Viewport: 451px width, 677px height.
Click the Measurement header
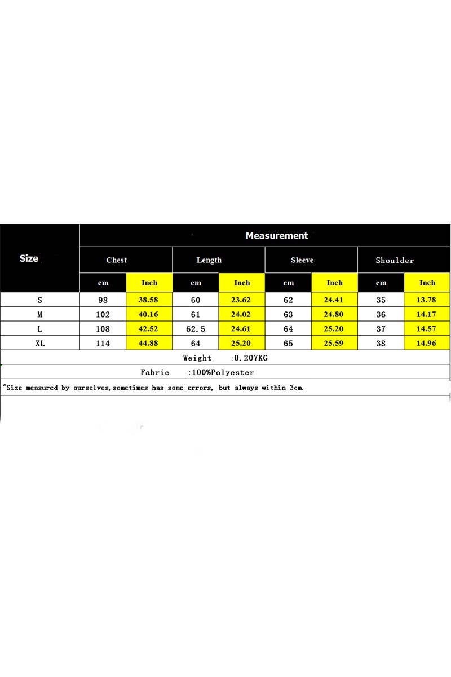coord(277,236)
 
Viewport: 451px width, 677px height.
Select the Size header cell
coord(29,258)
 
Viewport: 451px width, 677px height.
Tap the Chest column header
coord(117,260)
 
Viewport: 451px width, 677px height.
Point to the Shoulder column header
coord(395,260)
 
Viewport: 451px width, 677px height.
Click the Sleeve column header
coord(302,260)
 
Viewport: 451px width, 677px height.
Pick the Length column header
coord(209,260)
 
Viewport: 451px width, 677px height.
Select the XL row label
coord(40,343)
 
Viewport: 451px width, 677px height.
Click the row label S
coord(40,300)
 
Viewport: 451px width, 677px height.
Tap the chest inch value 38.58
coord(149,300)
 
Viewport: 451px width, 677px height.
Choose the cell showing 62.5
coord(196,329)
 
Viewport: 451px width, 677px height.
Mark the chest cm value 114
coord(103,343)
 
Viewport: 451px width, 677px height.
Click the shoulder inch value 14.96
coord(427,343)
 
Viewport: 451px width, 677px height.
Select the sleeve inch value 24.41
coord(334,300)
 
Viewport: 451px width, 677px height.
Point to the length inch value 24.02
coord(242,314)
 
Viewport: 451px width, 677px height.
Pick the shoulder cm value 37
coord(381,329)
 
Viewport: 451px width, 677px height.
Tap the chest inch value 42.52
coord(149,329)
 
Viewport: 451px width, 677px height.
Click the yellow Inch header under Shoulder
coord(427,283)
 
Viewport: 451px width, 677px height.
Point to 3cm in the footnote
coord(296,388)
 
